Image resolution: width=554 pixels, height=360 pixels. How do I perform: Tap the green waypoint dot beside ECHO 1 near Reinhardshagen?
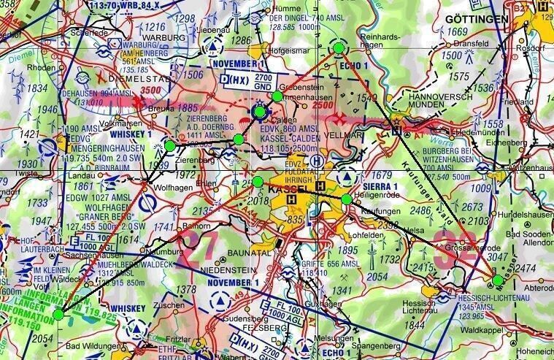[x=338, y=47]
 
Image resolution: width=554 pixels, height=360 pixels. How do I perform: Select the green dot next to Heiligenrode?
[x=346, y=198]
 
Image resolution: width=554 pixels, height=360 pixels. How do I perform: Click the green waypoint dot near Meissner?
[x=497, y=280]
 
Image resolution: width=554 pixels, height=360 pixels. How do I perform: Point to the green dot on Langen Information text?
[x=58, y=314]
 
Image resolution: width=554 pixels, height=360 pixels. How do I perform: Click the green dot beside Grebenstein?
[x=277, y=96]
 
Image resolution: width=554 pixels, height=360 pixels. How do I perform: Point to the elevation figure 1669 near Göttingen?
[x=457, y=31]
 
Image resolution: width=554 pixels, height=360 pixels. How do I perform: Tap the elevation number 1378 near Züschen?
[x=188, y=291]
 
